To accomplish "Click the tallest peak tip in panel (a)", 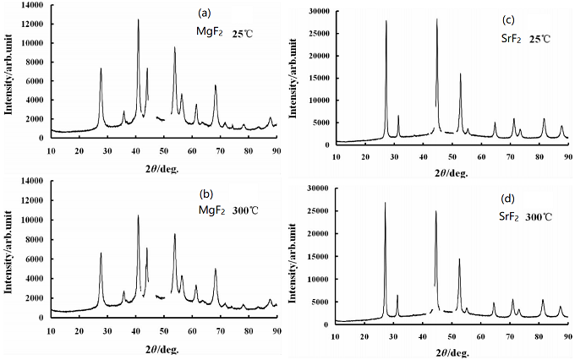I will click(138, 19).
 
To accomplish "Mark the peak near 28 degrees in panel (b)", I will click(101, 253).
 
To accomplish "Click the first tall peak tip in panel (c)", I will click(386, 21).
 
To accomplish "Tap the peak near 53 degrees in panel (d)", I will click(459, 259).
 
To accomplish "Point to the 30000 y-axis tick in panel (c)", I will click(319, 11).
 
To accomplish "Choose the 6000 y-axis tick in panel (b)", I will click(38, 259).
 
